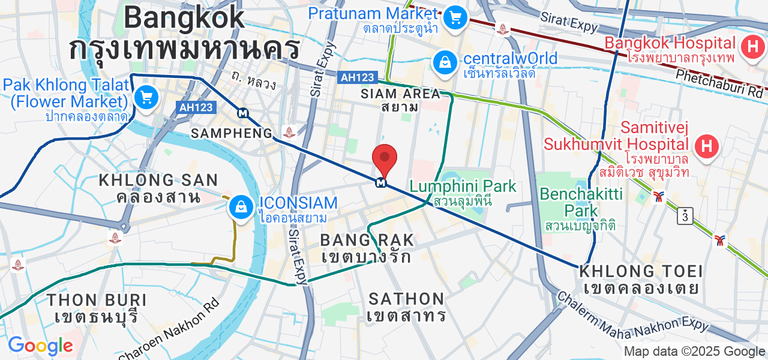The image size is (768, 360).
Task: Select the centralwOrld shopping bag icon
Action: [x=445, y=62]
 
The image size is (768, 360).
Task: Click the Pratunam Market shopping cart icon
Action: [x=456, y=17]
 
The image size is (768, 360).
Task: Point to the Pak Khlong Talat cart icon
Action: [x=145, y=97]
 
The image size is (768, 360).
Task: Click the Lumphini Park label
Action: [x=463, y=193]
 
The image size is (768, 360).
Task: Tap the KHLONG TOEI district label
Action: [x=640, y=279]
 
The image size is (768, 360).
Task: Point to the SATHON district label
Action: [x=406, y=306]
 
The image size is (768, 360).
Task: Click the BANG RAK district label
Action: [x=367, y=248]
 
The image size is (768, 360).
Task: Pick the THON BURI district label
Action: [x=97, y=307]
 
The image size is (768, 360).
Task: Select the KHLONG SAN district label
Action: [x=158, y=188]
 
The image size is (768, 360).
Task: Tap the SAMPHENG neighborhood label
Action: [x=232, y=133]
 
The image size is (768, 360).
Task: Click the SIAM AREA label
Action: [x=400, y=100]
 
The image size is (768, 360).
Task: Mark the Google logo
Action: [x=40, y=346]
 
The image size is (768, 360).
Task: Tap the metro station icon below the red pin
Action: [x=380, y=182]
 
